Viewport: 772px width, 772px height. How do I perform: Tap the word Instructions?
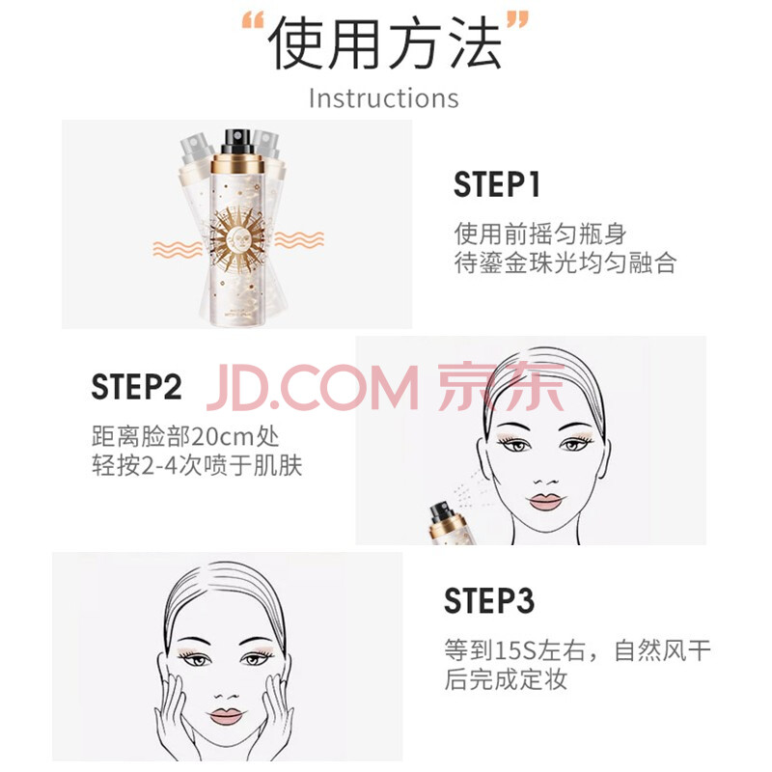click(x=383, y=98)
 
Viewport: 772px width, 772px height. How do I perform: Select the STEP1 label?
click(x=496, y=184)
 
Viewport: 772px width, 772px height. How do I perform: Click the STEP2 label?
click(x=136, y=387)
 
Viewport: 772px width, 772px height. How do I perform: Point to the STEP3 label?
click(x=489, y=600)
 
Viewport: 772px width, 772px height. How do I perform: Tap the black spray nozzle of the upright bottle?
click(x=237, y=141)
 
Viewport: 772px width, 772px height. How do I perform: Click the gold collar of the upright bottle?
click(x=237, y=164)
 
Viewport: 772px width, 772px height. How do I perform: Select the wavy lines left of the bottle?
click(x=178, y=249)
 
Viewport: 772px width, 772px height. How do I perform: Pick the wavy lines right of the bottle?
click(x=299, y=239)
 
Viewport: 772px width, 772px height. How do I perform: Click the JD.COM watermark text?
click(x=313, y=388)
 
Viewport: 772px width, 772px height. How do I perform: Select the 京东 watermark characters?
click(x=501, y=387)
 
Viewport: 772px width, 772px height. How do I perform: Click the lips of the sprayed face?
click(x=545, y=501)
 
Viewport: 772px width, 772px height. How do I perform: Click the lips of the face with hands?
click(x=226, y=716)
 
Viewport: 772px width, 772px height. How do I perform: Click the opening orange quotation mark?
click(x=253, y=23)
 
